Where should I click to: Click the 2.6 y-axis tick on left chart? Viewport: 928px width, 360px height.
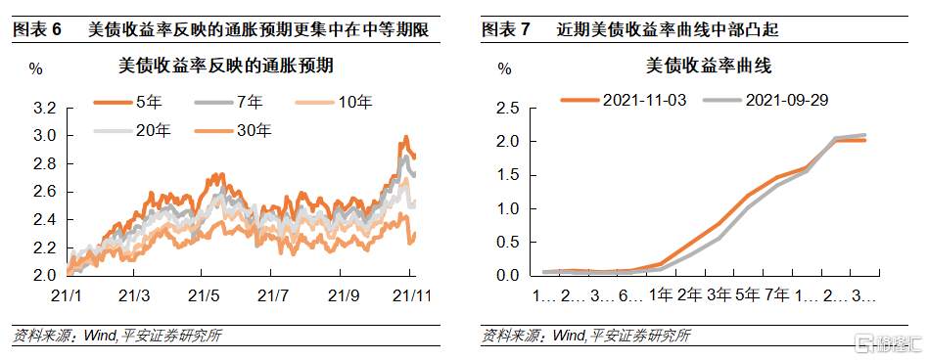point(44,193)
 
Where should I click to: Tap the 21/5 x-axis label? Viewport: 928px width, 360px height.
point(202,293)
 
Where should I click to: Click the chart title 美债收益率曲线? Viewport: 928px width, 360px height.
point(695,67)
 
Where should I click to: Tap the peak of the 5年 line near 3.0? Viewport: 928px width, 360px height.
point(405,137)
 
